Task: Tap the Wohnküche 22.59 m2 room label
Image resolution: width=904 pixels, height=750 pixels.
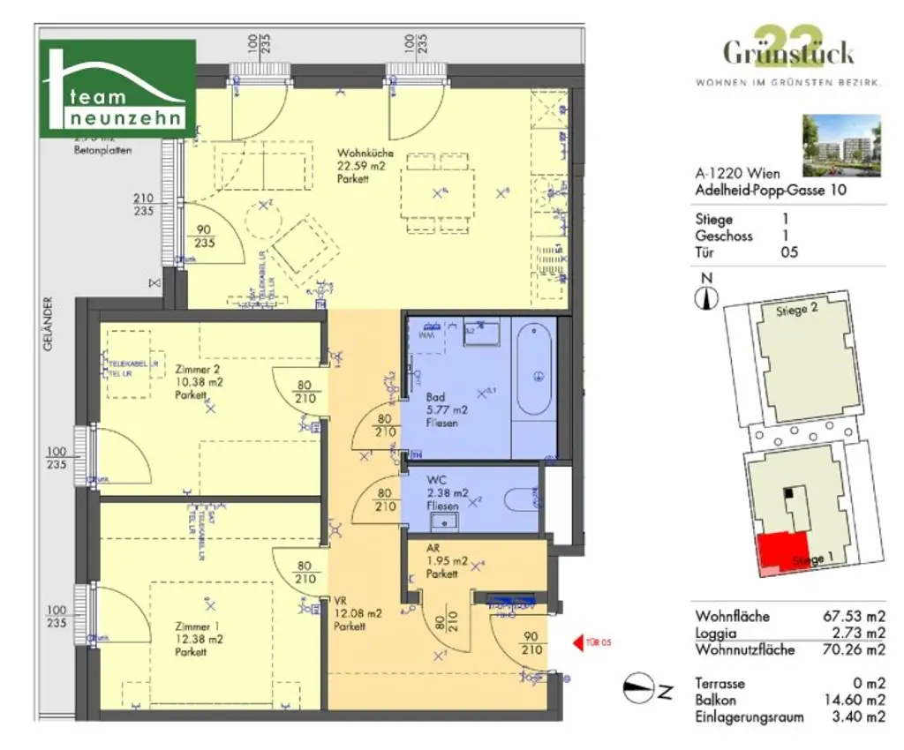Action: (x=365, y=166)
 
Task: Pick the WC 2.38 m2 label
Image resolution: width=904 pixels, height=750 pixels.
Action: (x=441, y=494)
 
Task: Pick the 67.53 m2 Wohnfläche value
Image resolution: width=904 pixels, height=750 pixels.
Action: (x=853, y=616)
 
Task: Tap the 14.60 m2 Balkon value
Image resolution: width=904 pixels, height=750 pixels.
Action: (x=853, y=700)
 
